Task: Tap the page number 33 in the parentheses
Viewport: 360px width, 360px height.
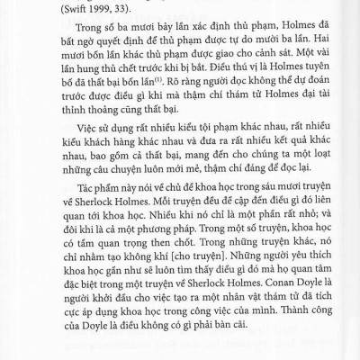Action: [114, 10]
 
